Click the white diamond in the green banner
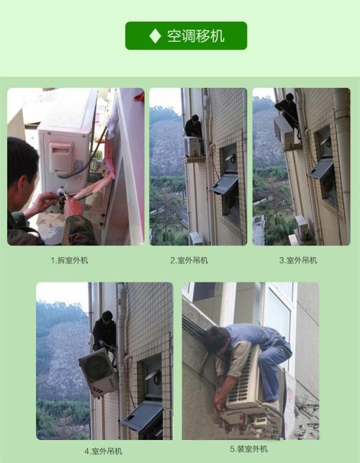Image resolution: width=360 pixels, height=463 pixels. [x=155, y=36]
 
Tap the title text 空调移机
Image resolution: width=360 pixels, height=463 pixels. [x=196, y=36]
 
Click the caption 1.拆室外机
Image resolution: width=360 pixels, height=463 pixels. [x=69, y=260]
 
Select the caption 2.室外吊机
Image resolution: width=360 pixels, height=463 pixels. [x=189, y=260]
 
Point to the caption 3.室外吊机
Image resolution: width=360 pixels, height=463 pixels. [x=298, y=260]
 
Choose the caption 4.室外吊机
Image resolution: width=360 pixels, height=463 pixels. [x=103, y=451]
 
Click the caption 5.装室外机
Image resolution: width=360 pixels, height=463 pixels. [x=248, y=449]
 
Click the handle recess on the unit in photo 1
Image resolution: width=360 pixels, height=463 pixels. [x=61, y=158]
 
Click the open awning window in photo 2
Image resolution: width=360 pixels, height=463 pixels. [x=225, y=184]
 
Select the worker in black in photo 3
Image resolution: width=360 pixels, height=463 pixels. [x=288, y=113]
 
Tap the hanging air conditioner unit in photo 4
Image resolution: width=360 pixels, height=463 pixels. [x=99, y=372]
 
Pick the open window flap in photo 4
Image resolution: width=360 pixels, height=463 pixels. [x=143, y=415]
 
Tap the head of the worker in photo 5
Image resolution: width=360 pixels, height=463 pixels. [x=217, y=340]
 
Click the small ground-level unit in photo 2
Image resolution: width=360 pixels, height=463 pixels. [x=196, y=238]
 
